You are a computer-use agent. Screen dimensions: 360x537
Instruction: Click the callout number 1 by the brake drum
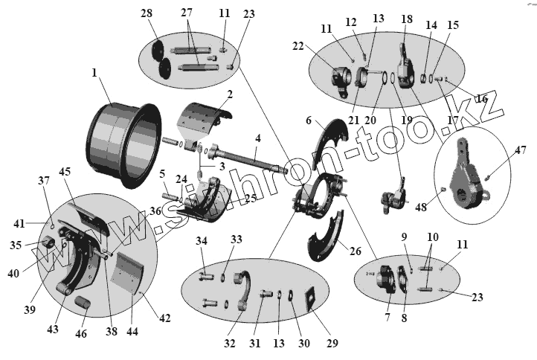tap(94, 73)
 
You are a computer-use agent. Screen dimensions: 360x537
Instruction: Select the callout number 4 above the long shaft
tap(257, 138)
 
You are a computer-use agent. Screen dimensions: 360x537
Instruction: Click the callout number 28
tap(146, 14)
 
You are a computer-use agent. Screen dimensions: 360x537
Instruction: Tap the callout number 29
tap(332, 343)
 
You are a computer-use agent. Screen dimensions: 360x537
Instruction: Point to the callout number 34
tap(202, 240)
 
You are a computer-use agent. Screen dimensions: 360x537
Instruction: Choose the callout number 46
tap(81, 333)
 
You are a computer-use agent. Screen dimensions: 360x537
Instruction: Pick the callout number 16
tap(482, 98)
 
